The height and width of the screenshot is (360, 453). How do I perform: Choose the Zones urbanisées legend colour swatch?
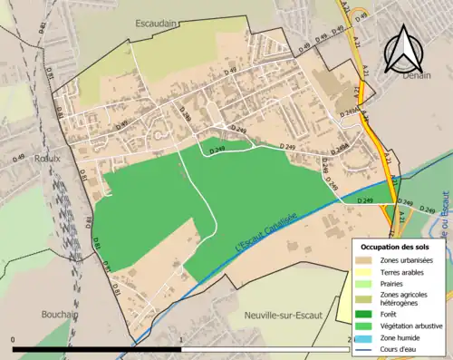363,258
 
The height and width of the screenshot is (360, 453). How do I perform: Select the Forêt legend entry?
389,314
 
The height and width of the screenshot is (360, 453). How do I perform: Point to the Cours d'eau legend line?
363,349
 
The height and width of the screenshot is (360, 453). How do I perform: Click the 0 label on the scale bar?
13,340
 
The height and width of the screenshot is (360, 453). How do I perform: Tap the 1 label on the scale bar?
182,340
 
